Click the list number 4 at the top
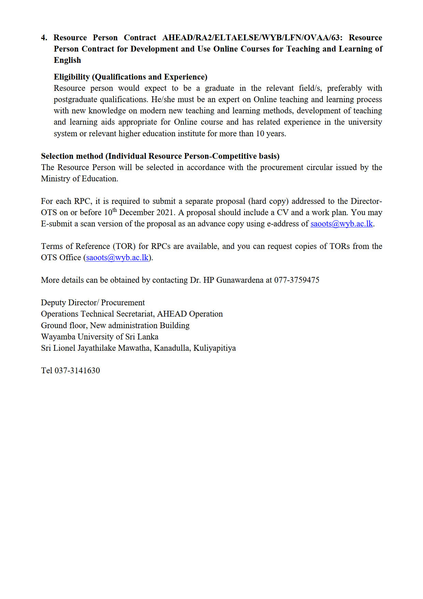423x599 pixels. (x=44, y=38)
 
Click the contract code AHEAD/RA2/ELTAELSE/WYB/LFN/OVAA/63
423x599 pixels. (x=252, y=38)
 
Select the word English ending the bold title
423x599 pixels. (x=67, y=60)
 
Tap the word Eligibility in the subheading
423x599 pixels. (x=72, y=77)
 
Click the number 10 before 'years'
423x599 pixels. (x=260, y=133)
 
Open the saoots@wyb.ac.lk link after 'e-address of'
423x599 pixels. (x=341, y=224)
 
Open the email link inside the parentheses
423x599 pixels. (x=117, y=257)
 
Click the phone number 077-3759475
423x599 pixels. (x=297, y=280)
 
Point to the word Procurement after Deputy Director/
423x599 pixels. (x=123, y=303)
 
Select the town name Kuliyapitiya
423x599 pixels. (x=215, y=348)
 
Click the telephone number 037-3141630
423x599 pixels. (x=77, y=371)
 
